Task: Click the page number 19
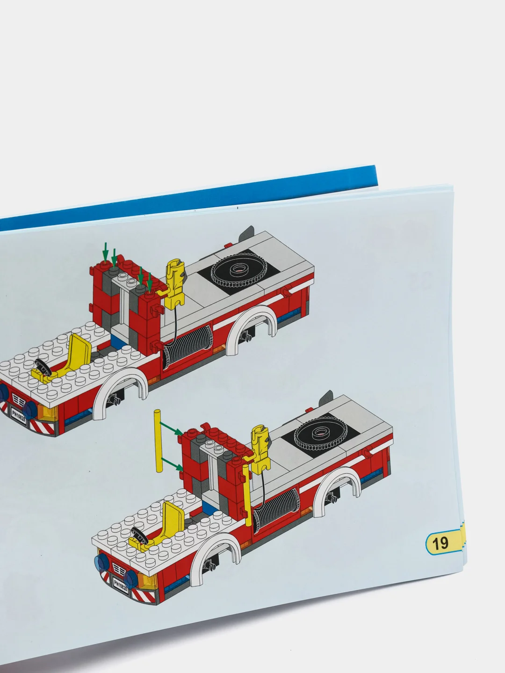pyautogui.click(x=440, y=543)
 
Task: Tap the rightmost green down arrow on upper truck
pyautogui.click(x=150, y=282)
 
